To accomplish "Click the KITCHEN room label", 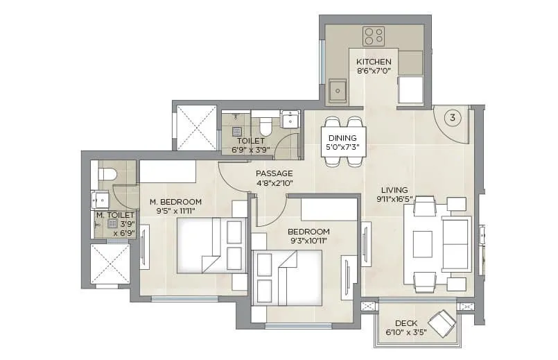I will point(374,62).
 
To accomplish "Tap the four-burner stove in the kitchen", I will point(374,35).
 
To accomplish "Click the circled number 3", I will point(452,117).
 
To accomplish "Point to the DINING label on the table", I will point(342,138).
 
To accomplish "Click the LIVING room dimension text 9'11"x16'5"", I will point(394,199).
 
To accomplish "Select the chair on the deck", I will point(442,322).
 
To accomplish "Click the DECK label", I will point(406,323).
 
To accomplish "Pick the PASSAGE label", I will point(274,173).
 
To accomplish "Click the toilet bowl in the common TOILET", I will point(264,126).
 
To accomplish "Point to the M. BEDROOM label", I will point(175,203).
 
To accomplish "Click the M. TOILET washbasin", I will point(101,200).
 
